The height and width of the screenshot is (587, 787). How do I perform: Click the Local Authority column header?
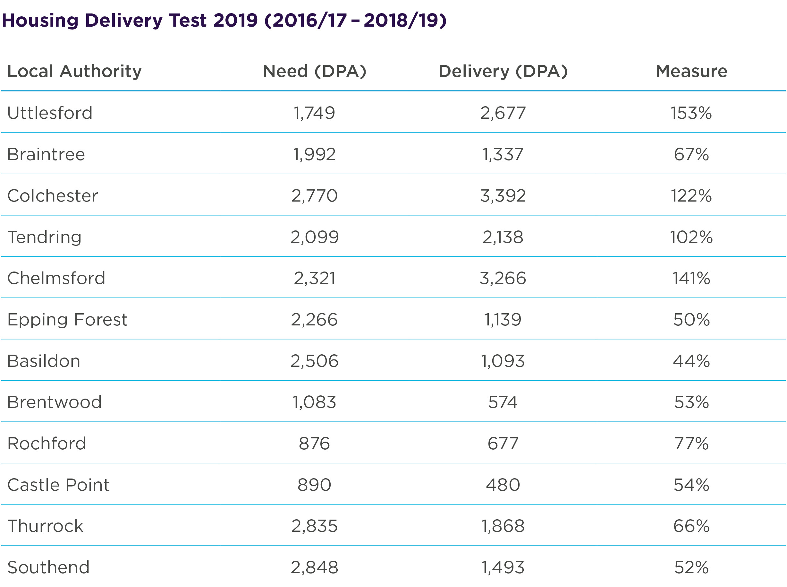pos(74,72)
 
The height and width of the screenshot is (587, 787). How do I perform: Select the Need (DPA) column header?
pos(314,72)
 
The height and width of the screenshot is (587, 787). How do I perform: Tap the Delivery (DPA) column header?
pos(503,72)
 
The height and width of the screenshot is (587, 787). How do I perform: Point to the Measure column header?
pos(691,72)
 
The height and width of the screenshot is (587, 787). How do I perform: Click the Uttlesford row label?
pos(50,113)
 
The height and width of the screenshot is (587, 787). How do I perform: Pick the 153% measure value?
pos(691,113)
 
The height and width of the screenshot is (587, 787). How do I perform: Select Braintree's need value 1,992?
pos(314,154)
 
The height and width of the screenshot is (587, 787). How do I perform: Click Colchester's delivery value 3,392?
pos(503,195)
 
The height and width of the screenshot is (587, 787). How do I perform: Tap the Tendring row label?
pos(44,237)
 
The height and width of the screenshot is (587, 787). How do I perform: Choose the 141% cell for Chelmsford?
pos(691,278)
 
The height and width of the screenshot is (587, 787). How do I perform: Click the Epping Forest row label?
pos(67,319)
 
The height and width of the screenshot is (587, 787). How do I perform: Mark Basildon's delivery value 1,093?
pos(503,361)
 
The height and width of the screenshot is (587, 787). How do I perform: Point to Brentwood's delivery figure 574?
pos(503,402)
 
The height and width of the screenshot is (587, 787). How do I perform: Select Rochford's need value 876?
pos(314,444)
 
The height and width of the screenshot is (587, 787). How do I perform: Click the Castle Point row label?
pos(59,485)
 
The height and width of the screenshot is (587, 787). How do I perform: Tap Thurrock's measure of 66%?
pos(691,526)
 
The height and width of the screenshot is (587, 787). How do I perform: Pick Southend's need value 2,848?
pos(314,567)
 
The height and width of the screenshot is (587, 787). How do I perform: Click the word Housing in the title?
pos(40,20)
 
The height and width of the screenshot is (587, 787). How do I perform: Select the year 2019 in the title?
pos(235,20)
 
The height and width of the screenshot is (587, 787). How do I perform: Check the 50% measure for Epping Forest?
pos(691,319)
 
